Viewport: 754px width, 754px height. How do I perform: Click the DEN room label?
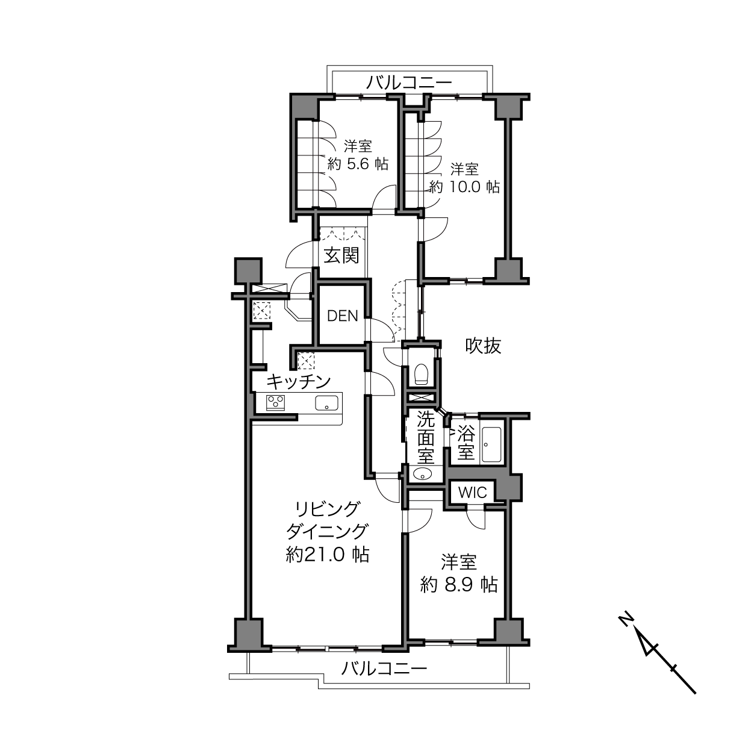tap(343, 316)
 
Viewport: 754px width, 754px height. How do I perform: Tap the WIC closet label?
tap(472, 492)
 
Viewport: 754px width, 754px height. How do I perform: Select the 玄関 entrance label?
tap(341, 256)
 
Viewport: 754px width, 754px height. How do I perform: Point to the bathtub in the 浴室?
tap(491, 445)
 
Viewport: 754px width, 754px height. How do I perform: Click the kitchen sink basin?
tap(327, 403)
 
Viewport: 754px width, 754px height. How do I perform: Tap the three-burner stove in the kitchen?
tap(275, 402)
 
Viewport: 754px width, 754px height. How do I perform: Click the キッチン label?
tap(299, 381)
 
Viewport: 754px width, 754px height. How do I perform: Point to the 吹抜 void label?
tap(483, 346)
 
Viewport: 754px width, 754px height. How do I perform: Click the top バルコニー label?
tap(409, 83)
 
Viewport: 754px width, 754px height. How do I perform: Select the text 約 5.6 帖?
tap(358, 164)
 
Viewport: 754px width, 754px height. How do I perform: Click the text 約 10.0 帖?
tap(464, 187)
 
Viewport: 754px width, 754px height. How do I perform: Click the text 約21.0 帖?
tap(328, 555)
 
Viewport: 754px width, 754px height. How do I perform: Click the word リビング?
tap(327, 509)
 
